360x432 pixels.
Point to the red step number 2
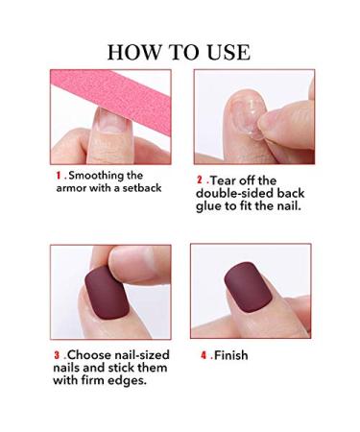(x=198, y=180)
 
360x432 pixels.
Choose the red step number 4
(x=203, y=355)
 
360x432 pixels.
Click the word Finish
(x=232, y=355)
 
